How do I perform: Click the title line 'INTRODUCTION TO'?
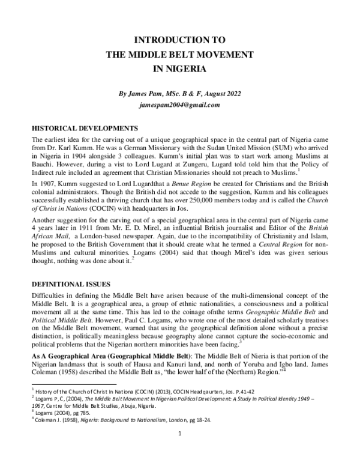click(179, 41)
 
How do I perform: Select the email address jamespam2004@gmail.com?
click(179, 104)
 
